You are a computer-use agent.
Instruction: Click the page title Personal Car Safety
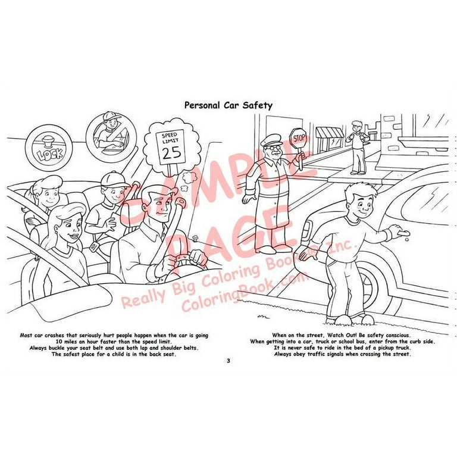point(228,105)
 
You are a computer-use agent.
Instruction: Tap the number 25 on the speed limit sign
point(171,153)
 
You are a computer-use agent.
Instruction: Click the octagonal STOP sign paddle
point(298,137)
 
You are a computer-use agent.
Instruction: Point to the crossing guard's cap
point(271,140)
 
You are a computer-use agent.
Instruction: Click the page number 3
point(228,361)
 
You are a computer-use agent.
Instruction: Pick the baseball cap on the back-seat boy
point(114,179)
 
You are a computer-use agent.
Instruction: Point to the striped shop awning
point(329,133)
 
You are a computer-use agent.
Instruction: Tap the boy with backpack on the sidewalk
point(357,147)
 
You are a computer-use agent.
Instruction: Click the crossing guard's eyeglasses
point(275,149)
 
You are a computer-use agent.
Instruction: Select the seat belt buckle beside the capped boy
point(94,247)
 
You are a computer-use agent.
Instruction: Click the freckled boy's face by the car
point(361,204)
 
